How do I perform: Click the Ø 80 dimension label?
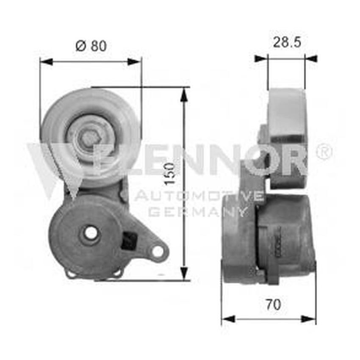point(91,45)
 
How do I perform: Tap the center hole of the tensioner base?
point(91,233)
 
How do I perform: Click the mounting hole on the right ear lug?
point(158,251)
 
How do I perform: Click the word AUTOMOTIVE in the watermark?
point(199,196)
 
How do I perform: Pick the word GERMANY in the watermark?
point(197,212)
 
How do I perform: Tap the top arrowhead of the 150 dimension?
point(184,95)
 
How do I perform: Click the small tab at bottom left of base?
point(71,274)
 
